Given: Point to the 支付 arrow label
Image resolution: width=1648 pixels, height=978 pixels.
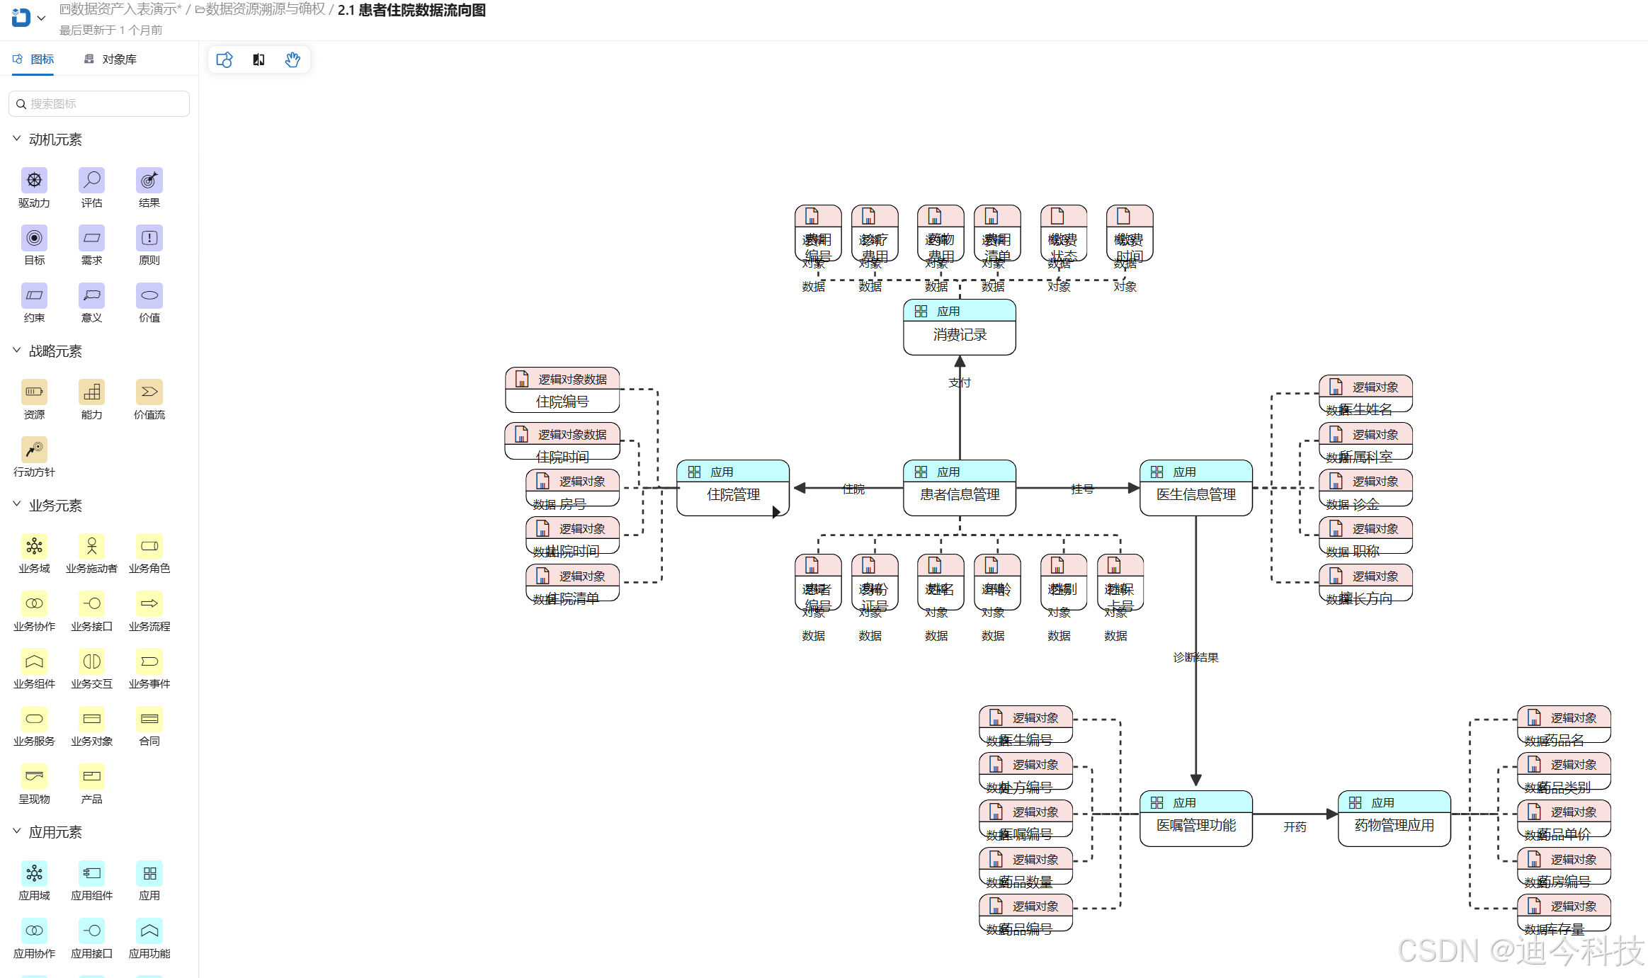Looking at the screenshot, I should [x=960, y=382].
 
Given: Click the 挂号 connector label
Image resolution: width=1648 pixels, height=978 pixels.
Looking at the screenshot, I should [x=1082, y=489].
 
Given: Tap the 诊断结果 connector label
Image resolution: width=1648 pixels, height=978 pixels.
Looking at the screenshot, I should [x=1195, y=657].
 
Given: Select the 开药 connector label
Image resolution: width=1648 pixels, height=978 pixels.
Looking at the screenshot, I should [x=1295, y=826].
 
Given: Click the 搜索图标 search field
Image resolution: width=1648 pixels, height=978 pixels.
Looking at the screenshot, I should [x=99, y=104].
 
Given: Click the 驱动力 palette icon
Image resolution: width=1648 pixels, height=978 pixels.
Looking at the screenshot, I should [x=34, y=181].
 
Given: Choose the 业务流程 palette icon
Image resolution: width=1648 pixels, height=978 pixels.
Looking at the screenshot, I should [x=149, y=604].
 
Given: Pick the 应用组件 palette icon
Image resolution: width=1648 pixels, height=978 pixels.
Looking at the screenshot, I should [x=91, y=874].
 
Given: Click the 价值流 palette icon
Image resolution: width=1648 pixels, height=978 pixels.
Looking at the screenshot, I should [x=149, y=392].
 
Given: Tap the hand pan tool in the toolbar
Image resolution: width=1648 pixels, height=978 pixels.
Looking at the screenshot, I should [x=292, y=60].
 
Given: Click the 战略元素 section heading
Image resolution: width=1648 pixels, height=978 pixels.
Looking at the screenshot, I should [x=55, y=351].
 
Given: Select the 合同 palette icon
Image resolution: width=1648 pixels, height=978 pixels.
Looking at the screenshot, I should [x=149, y=720].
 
